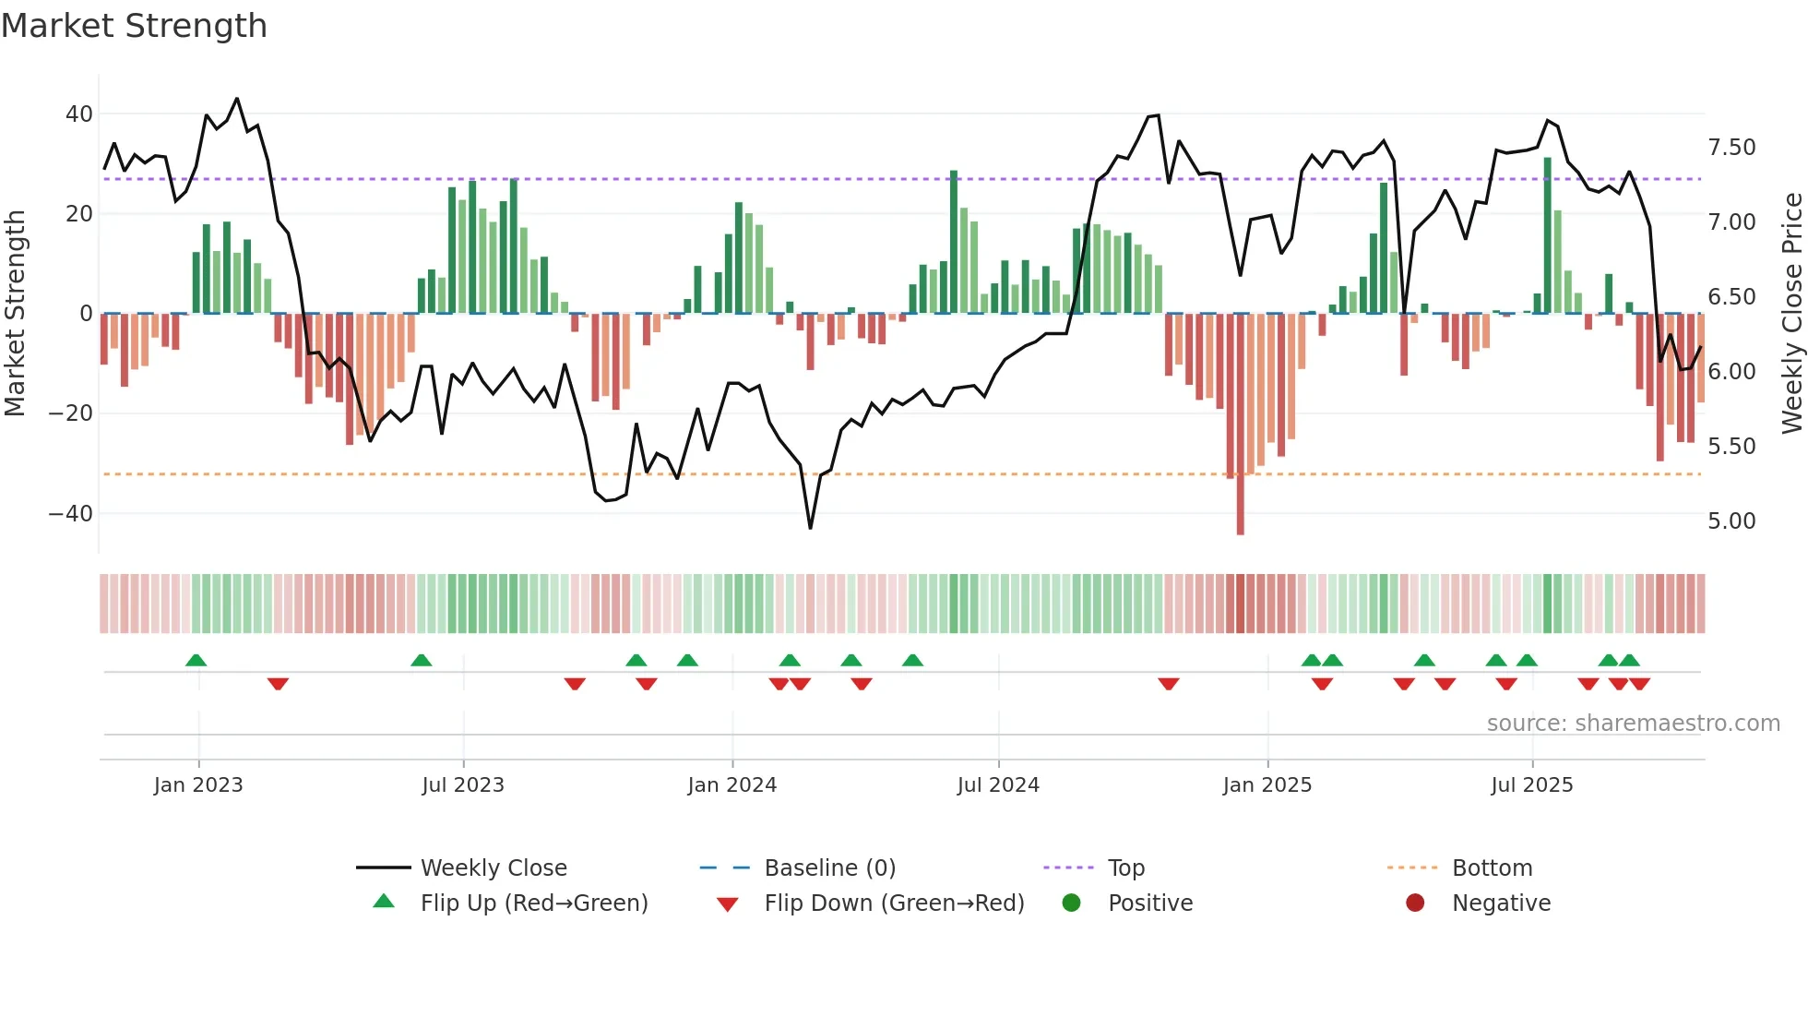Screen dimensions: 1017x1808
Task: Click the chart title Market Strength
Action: click(x=134, y=26)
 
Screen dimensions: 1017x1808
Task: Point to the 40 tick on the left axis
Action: click(x=79, y=114)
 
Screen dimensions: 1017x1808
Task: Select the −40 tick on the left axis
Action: click(x=71, y=513)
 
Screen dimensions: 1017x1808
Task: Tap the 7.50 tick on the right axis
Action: click(x=1731, y=148)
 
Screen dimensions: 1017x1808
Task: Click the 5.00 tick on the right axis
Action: click(x=1731, y=521)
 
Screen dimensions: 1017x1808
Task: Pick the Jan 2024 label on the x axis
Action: click(x=732, y=785)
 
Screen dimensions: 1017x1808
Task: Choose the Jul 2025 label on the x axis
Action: click(x=1532, y=785)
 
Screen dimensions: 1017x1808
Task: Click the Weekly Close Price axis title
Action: click(x=1791, y=314)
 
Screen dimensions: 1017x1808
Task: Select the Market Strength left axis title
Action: click(x=15, y=314)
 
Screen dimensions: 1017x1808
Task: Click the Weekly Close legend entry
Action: click(x=494, y=868)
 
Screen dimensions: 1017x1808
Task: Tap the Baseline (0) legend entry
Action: click(x=829, y=868)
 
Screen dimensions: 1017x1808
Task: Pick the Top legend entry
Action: click(x=1126, y=868)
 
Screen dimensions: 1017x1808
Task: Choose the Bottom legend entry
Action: click(x=1492, y=868)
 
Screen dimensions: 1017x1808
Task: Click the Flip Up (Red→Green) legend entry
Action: click(x=533, y=903)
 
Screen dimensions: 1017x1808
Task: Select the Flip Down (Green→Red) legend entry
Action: click(x=894, y=903)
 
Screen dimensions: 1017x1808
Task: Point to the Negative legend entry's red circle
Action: click(x=1415, y=903)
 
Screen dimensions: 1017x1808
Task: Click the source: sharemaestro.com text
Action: click(x=1633, y=724)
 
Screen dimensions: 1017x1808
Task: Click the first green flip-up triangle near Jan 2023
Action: click(x=196, y=660)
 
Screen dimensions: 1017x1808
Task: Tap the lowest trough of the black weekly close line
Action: click(x=811, y=527)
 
